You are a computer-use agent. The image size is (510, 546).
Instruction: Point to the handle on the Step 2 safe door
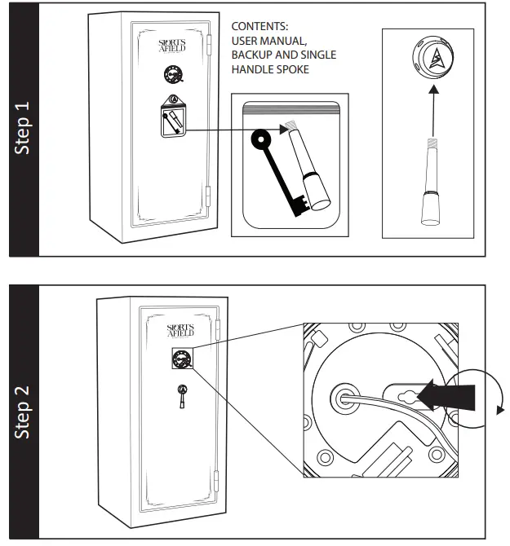[x=182, y=394]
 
